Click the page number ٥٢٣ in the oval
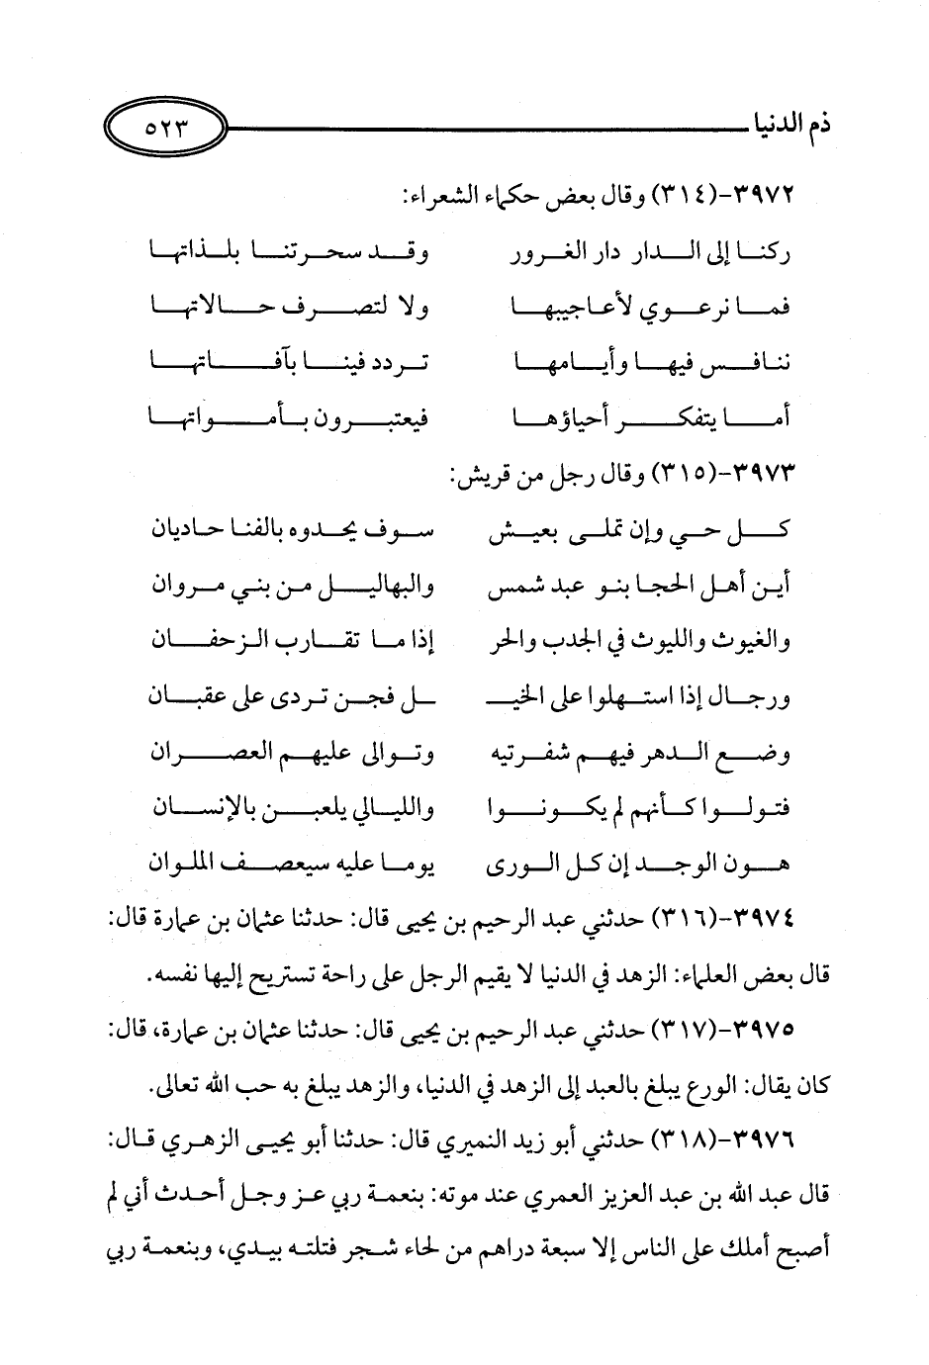click(165, 128)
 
